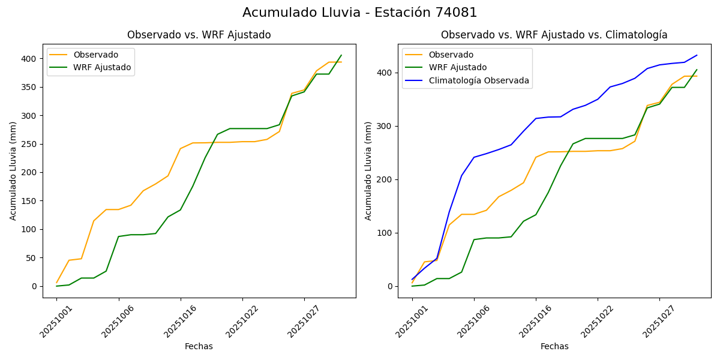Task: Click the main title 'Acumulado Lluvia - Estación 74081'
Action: coord(360,13)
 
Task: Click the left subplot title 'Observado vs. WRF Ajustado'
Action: coord(199,35)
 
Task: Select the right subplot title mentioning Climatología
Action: coord(554,35)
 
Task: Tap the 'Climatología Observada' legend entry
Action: coord(482,80)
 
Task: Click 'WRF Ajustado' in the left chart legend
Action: coord(102,67)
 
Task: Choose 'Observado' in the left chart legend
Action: coord(96,55)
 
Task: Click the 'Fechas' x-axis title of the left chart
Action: coord(199,346)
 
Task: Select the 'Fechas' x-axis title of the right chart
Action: coord(554,346)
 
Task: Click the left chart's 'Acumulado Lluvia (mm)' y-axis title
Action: coord(13,170)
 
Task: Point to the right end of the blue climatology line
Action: coord(697,55)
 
